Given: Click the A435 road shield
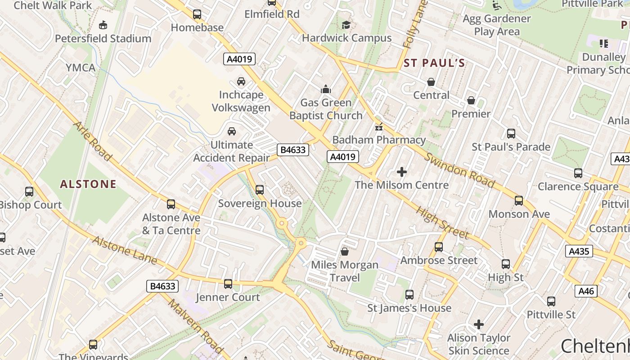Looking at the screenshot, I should point(579,251).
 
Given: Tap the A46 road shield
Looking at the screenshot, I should point(586,291).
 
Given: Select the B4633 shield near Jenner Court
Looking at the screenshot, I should point(162,286).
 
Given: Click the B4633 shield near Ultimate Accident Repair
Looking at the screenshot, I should point(293,150).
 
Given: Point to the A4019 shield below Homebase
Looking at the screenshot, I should point(239,58).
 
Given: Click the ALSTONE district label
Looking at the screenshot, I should point(88,184).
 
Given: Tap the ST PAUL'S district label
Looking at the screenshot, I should point(434,63).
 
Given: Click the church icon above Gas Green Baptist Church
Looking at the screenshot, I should point(326,90).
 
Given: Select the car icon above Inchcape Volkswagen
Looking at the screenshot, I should point(241,81).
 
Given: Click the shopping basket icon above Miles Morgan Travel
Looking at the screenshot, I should point(345,252).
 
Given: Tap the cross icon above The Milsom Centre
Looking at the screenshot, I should point(402,172).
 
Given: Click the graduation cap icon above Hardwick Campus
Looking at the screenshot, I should point(346,25).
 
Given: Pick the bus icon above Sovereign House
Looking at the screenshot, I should point(260,190).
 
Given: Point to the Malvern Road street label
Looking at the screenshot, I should point(196,326).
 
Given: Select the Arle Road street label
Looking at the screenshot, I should point(92,141).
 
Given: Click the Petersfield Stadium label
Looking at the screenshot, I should point(103,39).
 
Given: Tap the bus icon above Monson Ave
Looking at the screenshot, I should point(519,201).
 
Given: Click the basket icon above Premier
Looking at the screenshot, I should point(471,100).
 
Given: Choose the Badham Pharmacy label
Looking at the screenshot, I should point(379,140).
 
